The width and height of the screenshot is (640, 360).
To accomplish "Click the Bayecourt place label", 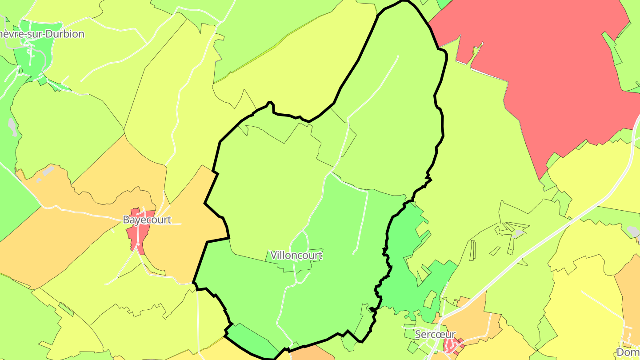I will pos(147,220).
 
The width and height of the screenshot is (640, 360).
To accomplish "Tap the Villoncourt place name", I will pos(296,255).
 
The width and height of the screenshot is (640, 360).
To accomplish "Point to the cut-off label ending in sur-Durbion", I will pos(42,34).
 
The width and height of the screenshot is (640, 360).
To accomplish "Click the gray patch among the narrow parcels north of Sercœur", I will pos(517,233).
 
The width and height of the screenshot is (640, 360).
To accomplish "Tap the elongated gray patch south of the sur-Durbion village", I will pos(12,127).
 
